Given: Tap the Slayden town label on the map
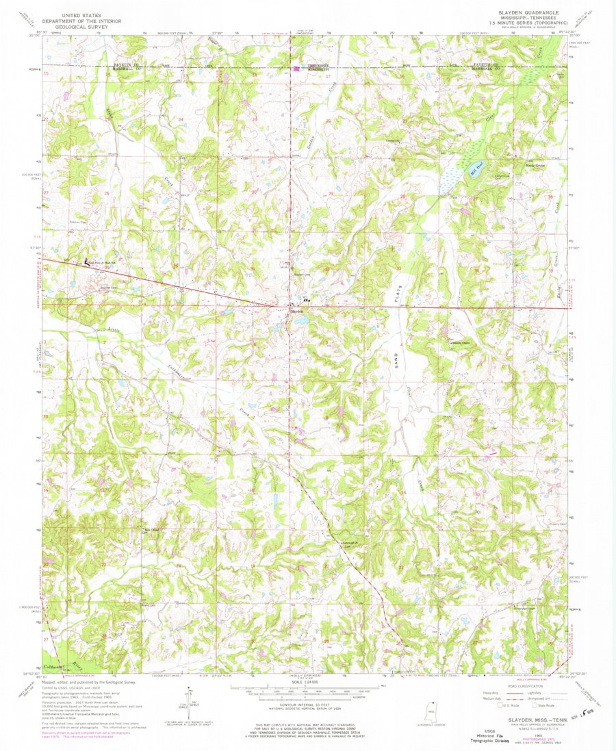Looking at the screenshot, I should coord(297,311).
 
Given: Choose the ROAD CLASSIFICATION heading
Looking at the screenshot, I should coord(519,683).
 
